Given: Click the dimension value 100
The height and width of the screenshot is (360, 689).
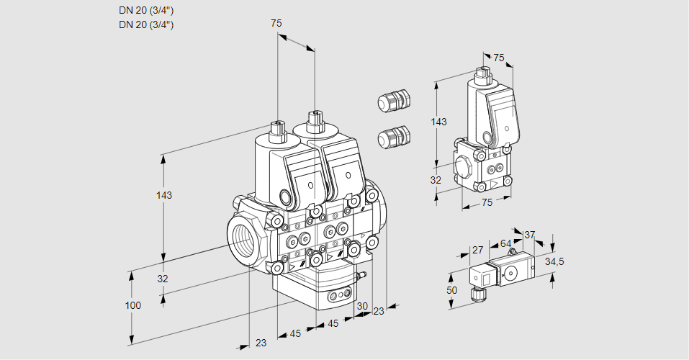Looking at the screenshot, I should (x=132, y=305).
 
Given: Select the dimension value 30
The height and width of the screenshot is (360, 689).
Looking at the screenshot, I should (x=362, y=305).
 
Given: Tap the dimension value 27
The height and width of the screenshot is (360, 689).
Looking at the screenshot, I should (x=477, y=250).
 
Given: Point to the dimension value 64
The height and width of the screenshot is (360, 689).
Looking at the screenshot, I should (x=505, y=243).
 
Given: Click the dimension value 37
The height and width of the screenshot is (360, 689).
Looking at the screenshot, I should (x=529, y=235).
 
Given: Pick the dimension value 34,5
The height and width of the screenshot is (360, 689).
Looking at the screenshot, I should (x=554, y=261).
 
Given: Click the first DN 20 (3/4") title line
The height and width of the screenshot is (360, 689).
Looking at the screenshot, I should (x=146, y=10).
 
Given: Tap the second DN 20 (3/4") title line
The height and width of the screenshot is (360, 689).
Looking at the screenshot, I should (x=146, y=24).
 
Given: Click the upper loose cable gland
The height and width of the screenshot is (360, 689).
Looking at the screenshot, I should (x=394, y=100).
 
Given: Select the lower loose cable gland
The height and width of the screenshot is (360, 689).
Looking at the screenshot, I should (x=394, y=136).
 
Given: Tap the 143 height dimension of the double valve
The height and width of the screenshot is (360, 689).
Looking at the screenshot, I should (x=165, y=195).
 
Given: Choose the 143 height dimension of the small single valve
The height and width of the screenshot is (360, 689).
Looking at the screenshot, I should (x=438, y=122).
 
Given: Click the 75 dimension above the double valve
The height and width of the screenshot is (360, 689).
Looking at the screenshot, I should (x=276, y=24).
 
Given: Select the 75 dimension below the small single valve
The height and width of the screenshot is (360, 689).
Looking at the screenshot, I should (x=487, y=202).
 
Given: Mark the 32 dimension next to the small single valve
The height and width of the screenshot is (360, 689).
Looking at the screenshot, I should (x=436, y=180).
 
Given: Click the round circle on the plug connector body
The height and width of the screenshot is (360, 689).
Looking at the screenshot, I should (x=511, y=273).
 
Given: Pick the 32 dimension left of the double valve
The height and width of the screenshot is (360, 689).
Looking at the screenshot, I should (x=163, y=279).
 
